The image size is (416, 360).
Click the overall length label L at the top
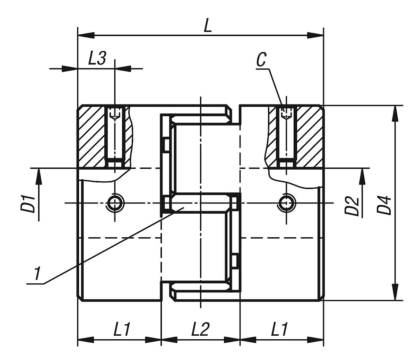tap(207, 26)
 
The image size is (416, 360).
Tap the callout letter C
tap(261, 60)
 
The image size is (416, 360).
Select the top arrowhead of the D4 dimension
tap(395, 113)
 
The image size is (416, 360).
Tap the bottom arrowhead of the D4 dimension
tap(395, 292)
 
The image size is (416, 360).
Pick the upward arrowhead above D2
tap(363, 177)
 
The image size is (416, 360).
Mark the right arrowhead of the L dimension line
tap(315, 35)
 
